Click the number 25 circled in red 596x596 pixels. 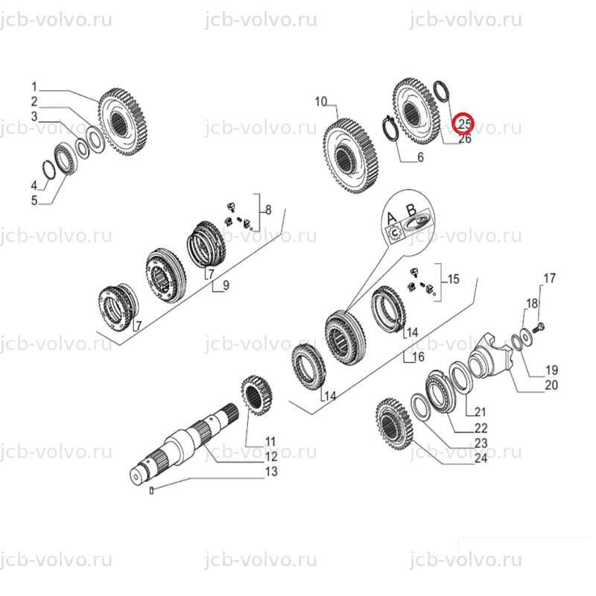tap(464, 124)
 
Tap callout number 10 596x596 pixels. tap(321, 102)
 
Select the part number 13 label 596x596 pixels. tap(271, 472)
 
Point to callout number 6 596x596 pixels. tap(420, 157)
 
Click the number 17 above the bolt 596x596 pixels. tap(549, 278)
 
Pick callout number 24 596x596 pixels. tap(481, 458)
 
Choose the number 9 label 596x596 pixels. tap(226, 285)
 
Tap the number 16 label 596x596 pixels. tap(418, 357)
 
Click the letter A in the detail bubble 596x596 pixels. tap(392, 218)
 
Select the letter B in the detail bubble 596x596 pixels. tap(411, 209)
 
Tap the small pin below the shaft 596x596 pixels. tap(152, 491)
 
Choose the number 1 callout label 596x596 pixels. tap(34, 87)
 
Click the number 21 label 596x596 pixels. tap(481, 412)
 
